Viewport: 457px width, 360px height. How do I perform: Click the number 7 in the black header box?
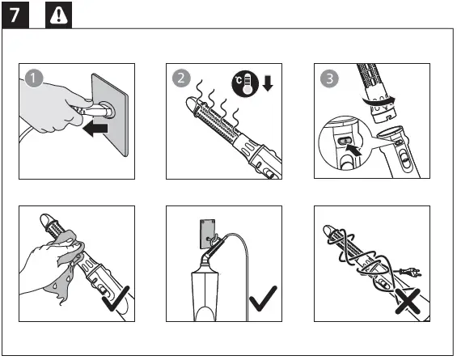(x=15, y=15)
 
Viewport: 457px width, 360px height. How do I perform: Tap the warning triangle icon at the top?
(x=58, y=15)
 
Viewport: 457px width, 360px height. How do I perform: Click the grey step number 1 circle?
(x=34, y=78)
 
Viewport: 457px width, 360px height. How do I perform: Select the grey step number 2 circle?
(x=181, y=78)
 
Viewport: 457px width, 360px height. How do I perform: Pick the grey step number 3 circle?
(x=329, y=78)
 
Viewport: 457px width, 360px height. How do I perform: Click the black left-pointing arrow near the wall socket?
(x=95, y=129)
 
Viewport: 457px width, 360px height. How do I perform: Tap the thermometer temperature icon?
(x=245, y=83)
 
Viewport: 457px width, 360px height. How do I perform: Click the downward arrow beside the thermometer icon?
(x=268, y=83)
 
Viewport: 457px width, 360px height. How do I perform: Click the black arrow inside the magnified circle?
(x=353, y=150)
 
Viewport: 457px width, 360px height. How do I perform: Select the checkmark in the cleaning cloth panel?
(x=116, y=299)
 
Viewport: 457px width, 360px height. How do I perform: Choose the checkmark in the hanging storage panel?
(x=263, y=299)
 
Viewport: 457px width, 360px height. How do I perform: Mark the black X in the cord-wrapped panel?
(x=408, y=301)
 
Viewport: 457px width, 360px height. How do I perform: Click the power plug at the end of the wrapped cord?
(x=410, y=273)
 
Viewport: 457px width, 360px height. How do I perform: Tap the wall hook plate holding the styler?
(x=208, y=235)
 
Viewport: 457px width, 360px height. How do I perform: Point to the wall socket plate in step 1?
(x=110, y=115)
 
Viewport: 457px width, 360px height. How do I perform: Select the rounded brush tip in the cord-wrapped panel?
(x=328, y=231)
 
